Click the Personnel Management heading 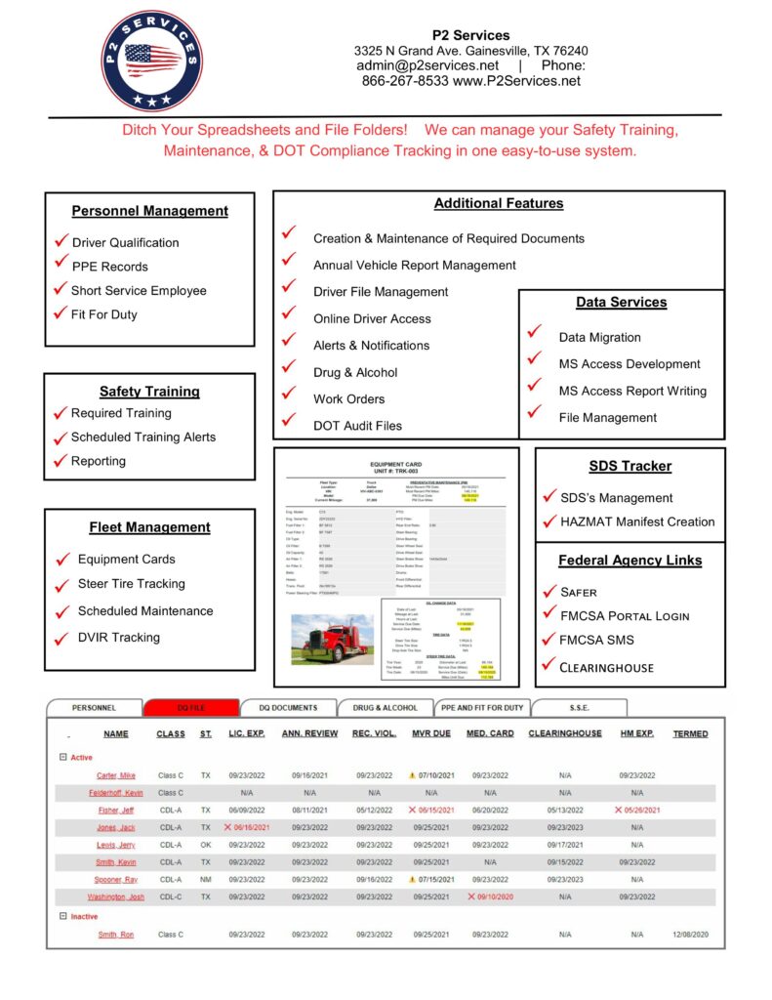149,210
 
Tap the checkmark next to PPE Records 61,265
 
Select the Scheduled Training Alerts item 142,437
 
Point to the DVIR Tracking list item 118,637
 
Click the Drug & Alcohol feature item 355,372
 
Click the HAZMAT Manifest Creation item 636,521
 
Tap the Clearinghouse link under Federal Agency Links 606,668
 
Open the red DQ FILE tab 190,707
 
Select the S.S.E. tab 579,707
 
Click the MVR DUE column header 430,733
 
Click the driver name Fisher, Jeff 116,810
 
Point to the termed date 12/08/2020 690,935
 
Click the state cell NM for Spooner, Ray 206,879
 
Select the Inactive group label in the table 83,916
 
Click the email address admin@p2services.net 427,65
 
